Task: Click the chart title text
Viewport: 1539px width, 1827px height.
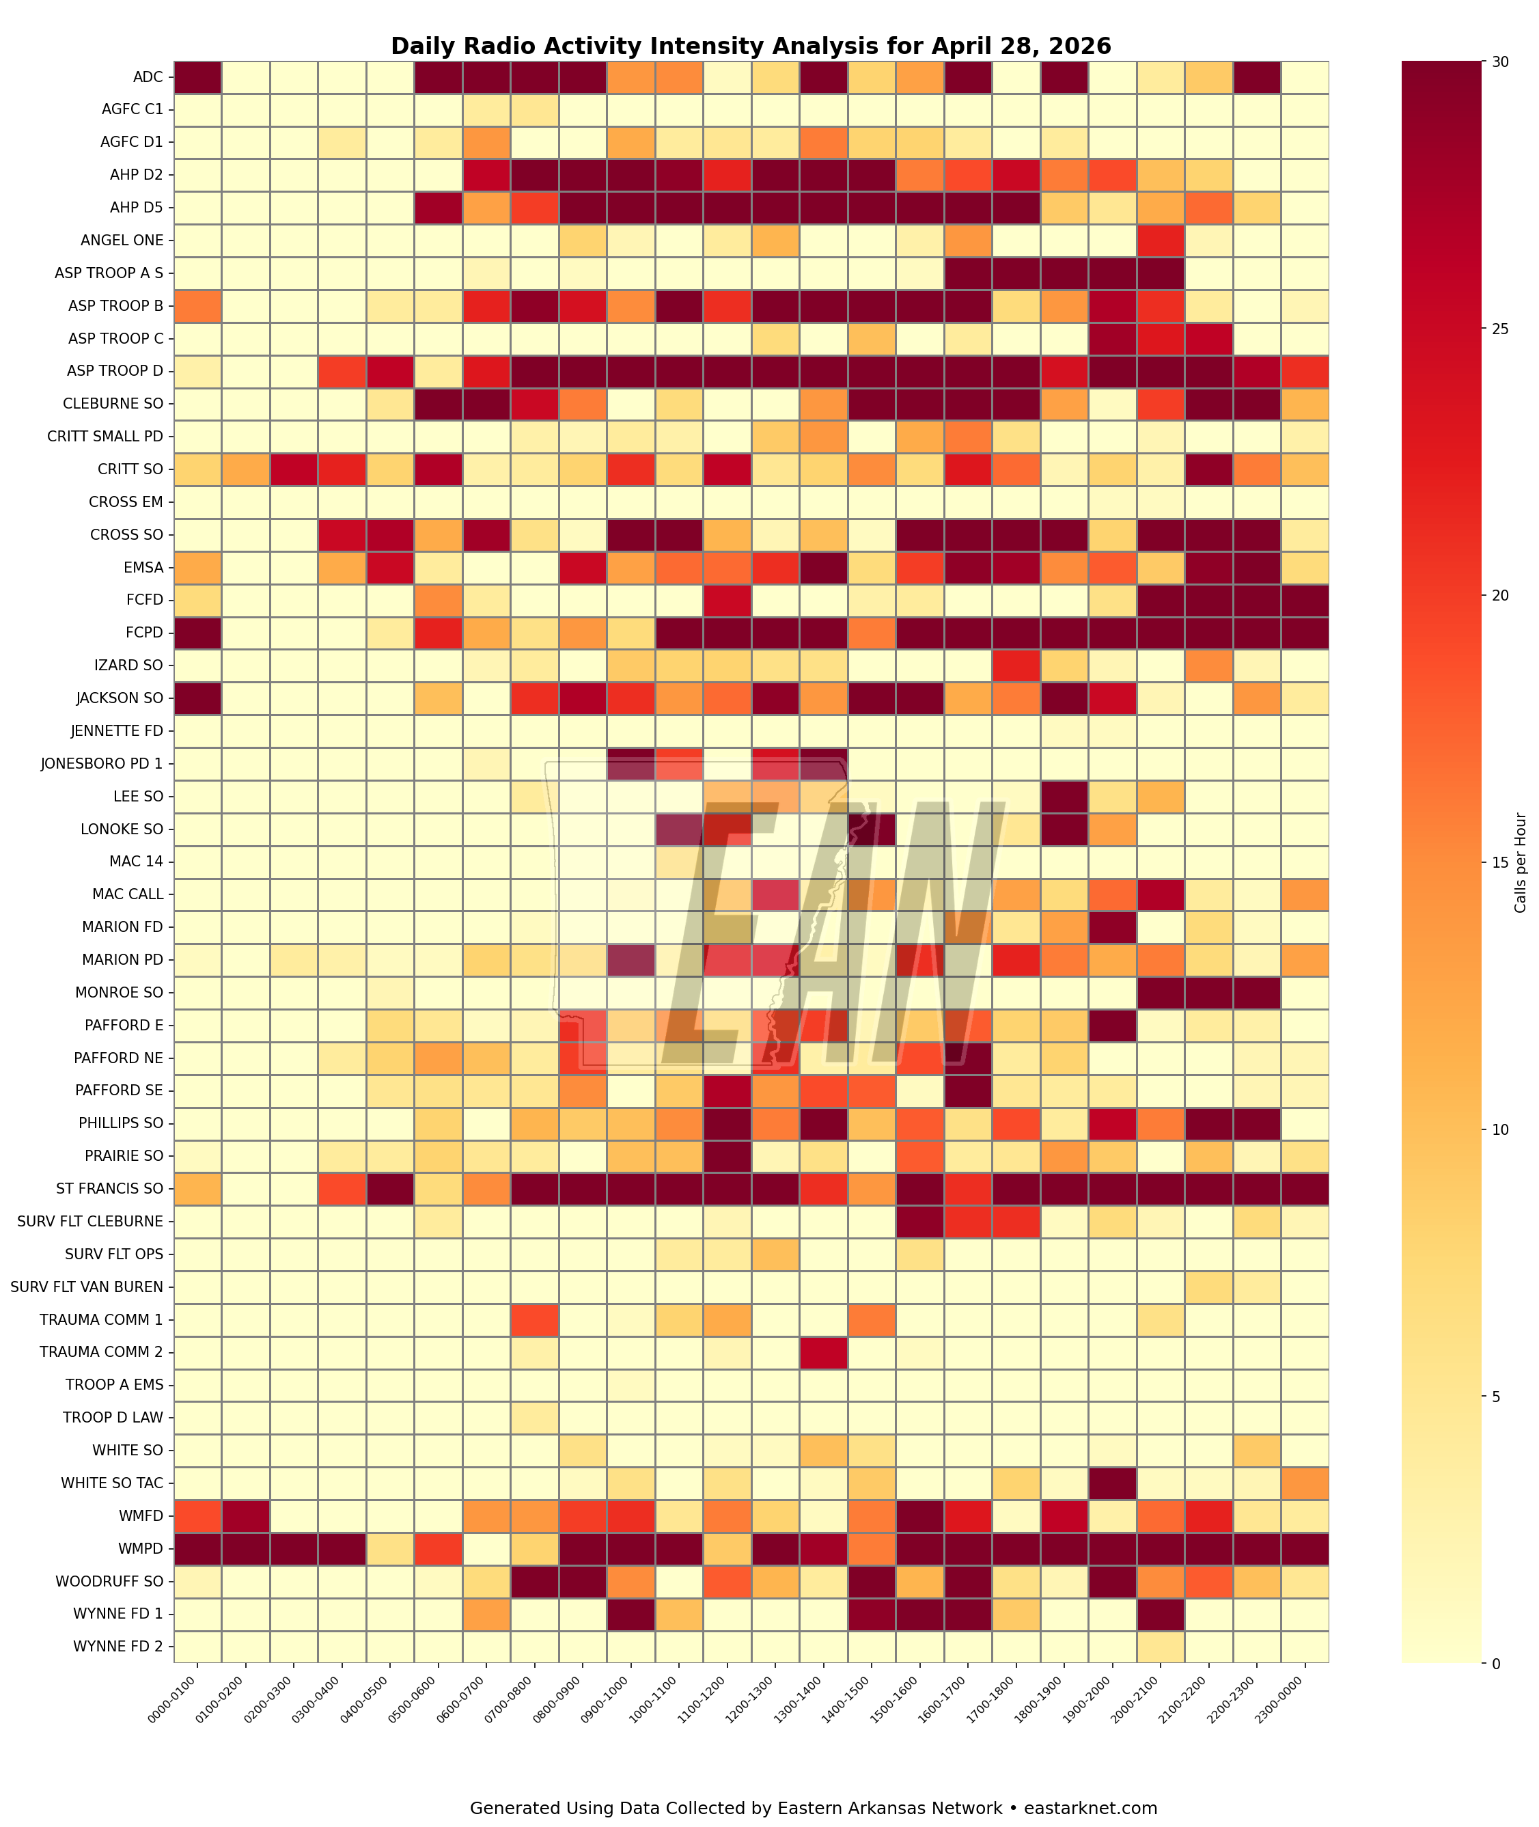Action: click(750, 46)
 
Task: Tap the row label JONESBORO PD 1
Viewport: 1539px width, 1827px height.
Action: click(101, 763)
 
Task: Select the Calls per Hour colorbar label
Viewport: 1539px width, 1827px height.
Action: click(1521, 862)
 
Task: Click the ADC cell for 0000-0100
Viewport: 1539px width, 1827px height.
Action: click(198, 77)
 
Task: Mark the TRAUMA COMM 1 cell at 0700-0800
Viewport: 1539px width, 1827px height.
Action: click(535, 1319)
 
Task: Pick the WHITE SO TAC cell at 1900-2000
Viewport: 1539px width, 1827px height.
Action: click(1112, 1483)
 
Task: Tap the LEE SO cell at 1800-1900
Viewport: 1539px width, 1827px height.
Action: click(1064, 797)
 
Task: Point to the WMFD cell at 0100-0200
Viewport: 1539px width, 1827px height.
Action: click(246, 1515)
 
